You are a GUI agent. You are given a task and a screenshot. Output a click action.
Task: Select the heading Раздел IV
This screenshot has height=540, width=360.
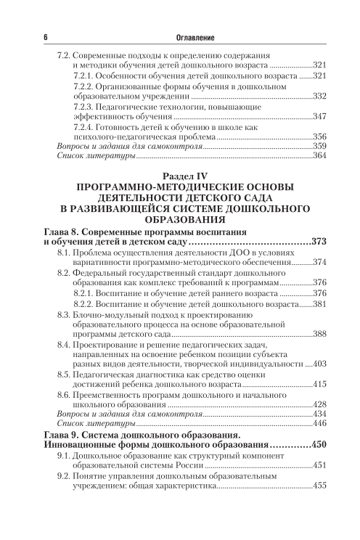point(179,176)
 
